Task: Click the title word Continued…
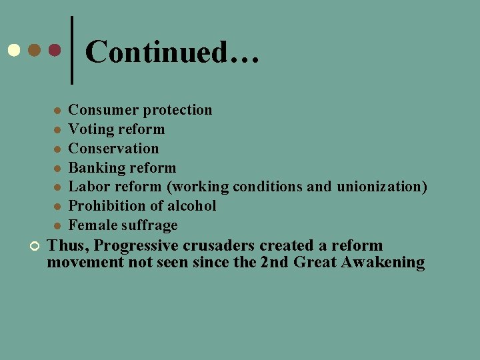point(171,52)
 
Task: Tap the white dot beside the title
point(13,50)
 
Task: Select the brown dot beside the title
point(34,50)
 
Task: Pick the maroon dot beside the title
point(55,50)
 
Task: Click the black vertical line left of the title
point(71,50)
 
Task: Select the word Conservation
point(114,149)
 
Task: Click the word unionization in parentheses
point(381,187)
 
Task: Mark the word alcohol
point(192,206)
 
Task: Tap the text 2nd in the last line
point(273,263)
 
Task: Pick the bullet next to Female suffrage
point(58,226)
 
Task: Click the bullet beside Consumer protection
point(58,111)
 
